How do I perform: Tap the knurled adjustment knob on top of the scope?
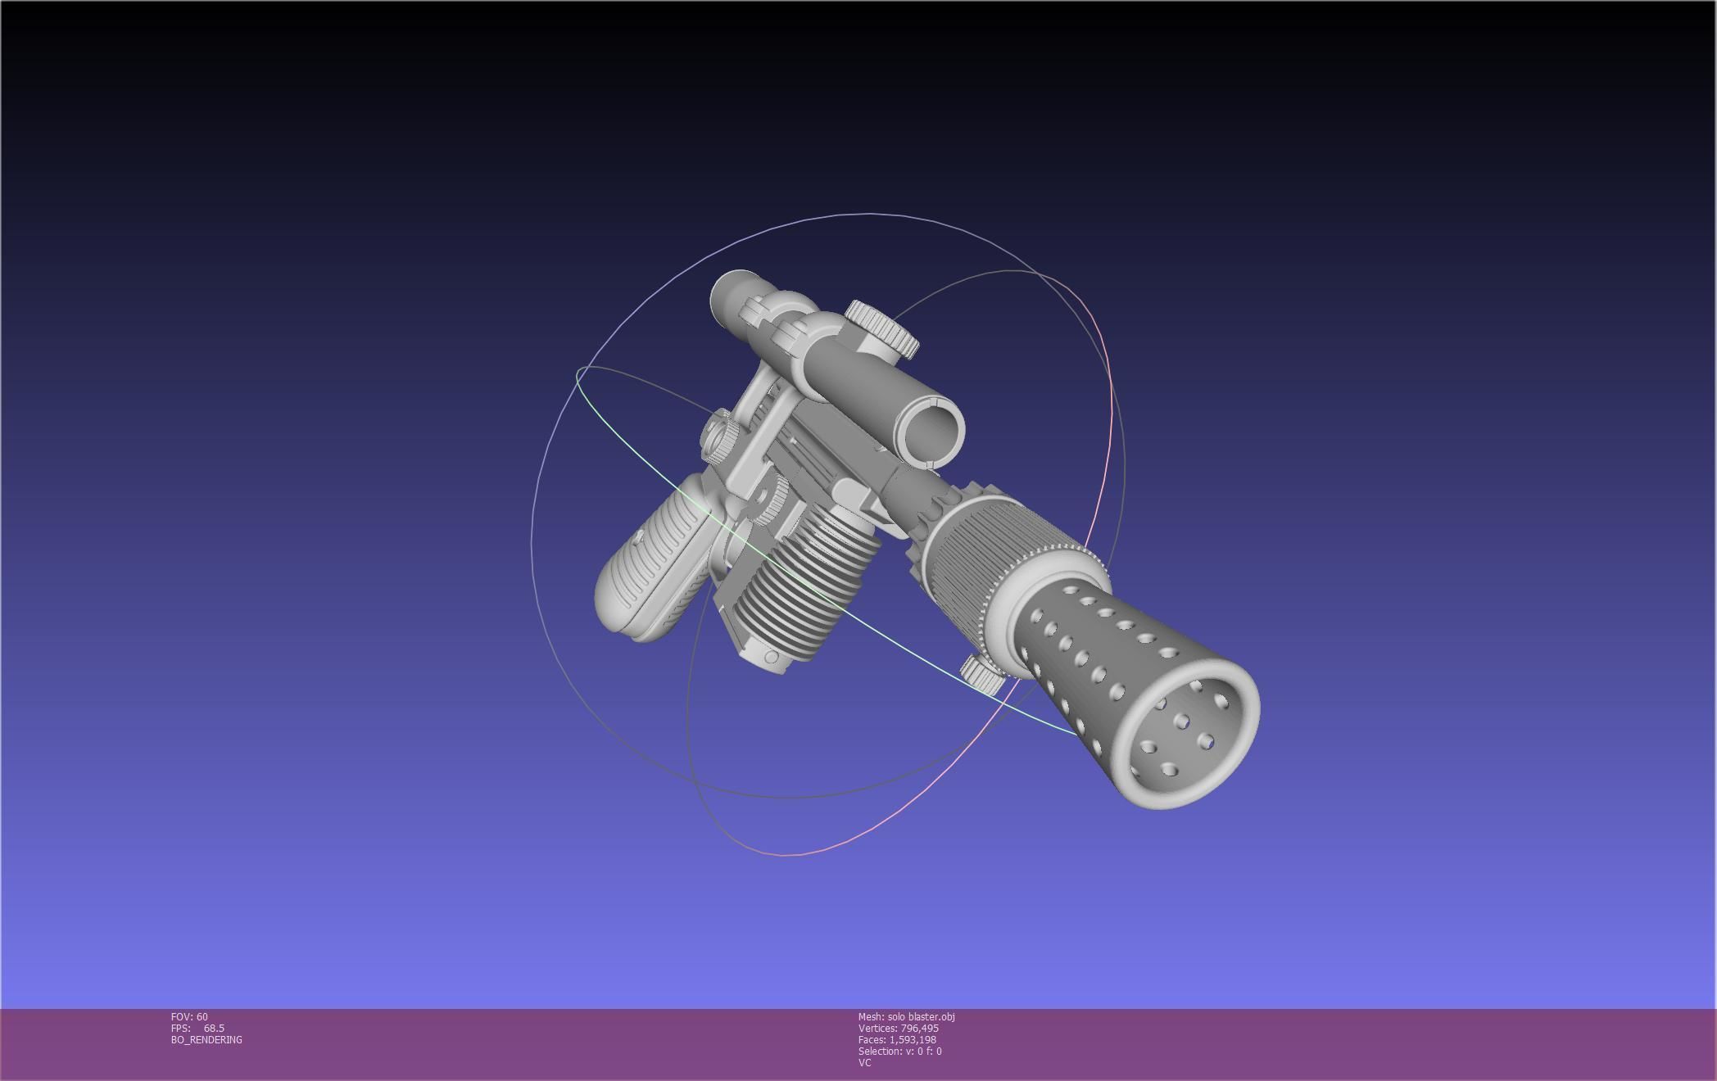882,328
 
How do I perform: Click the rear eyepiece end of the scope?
732,296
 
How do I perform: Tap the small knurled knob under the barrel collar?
981,672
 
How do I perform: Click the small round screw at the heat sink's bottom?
771,658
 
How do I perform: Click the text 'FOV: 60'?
189,1017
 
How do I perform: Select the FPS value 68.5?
214,1029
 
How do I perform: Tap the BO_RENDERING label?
206,1040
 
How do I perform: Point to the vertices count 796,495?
918,1029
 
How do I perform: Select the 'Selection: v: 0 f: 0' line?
899,1052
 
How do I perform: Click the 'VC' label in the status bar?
864,1063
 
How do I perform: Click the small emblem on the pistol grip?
638,537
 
